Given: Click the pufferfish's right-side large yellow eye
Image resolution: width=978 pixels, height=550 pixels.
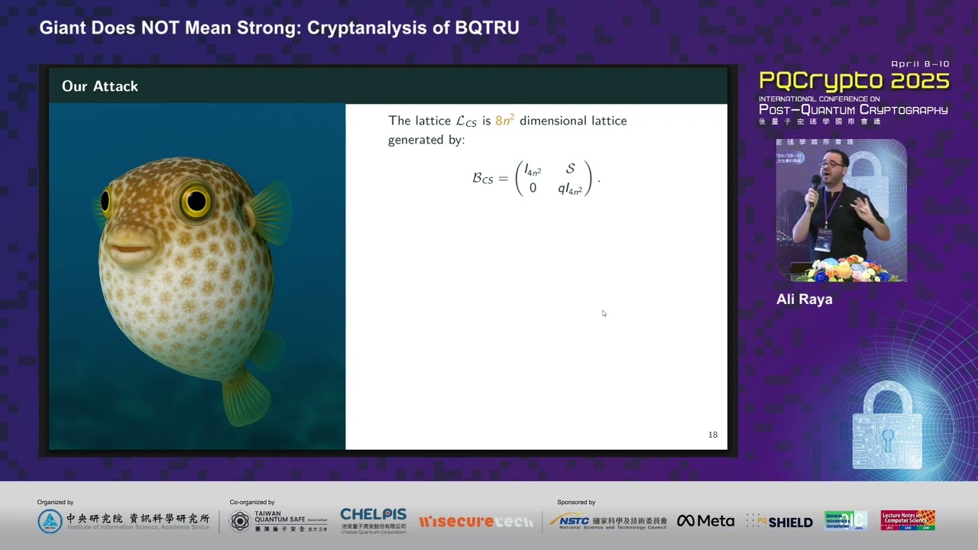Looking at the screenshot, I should point(196,201).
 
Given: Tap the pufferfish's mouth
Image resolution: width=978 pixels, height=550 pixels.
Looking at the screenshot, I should point(130,247).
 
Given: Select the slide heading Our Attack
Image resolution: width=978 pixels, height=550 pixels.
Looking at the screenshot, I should point(100,86).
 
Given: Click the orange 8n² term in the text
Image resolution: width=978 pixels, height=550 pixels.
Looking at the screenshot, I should point(504,121).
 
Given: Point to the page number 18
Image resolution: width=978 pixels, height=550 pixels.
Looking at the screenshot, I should point(712,435).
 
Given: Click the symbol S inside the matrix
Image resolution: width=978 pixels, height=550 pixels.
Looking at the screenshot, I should point(570,169).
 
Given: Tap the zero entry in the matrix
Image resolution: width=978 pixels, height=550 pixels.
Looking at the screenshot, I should point(533,188).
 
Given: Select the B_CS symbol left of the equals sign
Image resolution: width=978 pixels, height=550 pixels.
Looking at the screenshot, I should point(482,179).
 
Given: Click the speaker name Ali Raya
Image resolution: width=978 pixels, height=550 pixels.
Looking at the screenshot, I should point(804,299).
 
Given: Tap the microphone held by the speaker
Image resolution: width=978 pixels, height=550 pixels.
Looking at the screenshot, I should point(816,183).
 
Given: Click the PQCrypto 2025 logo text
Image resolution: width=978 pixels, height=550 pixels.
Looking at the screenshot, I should point(853,82).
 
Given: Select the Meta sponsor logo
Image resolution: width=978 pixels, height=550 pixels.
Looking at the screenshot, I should point(705,521).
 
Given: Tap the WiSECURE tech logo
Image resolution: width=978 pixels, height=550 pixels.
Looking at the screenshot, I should point(475,522).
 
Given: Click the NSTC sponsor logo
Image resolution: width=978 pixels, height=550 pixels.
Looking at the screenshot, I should point(608,521).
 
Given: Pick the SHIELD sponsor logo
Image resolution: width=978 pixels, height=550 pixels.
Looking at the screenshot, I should point(780,522).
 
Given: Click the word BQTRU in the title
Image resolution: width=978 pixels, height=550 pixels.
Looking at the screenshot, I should point(487,28).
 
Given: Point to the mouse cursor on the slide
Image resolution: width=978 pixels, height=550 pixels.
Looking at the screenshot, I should point(604,313).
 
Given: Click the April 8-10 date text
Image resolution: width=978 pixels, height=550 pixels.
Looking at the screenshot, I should point(920,65).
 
